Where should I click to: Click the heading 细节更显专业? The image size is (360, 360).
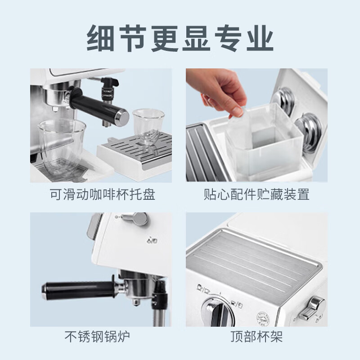(x=180, y=38)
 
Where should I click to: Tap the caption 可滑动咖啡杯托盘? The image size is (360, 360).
(x=103, y=194)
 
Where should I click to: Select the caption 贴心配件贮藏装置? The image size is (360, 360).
(x=256, y=194)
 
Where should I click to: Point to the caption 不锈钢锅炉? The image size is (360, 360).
(x=97, y=336)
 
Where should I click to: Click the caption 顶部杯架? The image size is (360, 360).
(x=256, y=336)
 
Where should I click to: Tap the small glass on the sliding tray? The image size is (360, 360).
(x=148, y=127)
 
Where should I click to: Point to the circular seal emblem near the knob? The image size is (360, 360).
(x=263, y=319)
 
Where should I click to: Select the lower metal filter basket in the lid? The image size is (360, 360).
(x=309, y=131)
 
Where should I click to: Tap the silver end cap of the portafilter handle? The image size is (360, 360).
(x=122, y=117)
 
